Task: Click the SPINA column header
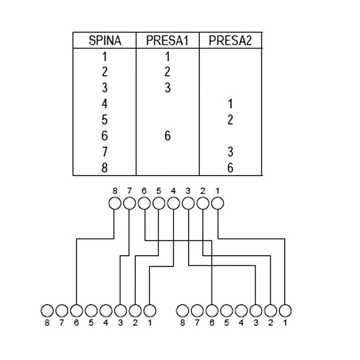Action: tap(105, 41)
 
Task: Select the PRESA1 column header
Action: tap(167, 41)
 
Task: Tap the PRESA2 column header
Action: tap(230, 41)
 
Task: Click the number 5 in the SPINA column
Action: tap(105, 120)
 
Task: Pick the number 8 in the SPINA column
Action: tap(105, 168)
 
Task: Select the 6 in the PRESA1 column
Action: tap(167, 136)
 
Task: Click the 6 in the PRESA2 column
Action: tap(230, 168)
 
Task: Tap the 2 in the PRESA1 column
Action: tap(167, 72)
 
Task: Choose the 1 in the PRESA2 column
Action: tap(230, 104)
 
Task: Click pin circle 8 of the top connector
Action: tap(115, 204)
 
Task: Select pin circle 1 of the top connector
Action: tap(217, 204)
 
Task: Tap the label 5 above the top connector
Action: tap(159, 191)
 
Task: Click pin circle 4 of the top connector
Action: tap(174, 204)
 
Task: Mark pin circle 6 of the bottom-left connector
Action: tap(76, 310)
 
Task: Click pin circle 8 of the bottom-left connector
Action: tap(47, 310)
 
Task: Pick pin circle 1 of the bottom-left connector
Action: tap(150, 310)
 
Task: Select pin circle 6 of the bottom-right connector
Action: tap(212, 310)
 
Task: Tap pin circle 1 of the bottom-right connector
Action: tap(285, 310)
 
